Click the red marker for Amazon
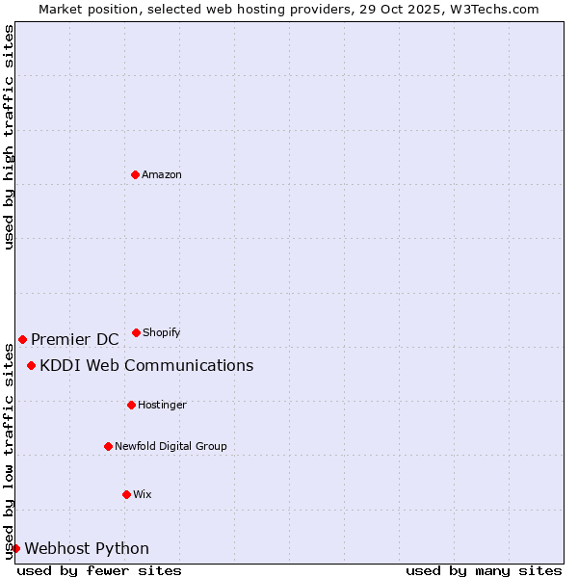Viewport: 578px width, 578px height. click(135, 174)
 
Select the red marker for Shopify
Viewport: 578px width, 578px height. click(136, 332)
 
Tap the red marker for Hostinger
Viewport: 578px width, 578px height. click(131, 405)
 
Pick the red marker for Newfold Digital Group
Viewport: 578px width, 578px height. click(108, 446)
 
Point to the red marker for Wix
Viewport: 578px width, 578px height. click(126, 494)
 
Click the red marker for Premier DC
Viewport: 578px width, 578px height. click(22, 339)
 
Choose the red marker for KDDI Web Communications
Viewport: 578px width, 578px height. click(31, 365)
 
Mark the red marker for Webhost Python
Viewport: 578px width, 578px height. click(15, 548)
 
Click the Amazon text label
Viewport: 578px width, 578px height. click(162, 174)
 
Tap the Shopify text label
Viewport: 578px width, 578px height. click(162, 332)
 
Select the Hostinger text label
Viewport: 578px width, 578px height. click(162, 405)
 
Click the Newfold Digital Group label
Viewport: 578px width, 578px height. click(171, 446)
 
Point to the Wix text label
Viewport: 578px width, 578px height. click(143, 494)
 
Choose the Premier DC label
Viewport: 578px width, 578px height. click(75, 339)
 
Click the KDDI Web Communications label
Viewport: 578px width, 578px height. click(146, 365)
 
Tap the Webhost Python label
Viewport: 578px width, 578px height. click(87, 548)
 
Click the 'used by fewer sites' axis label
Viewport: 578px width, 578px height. click(99, 570)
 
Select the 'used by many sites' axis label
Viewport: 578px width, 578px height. click(484, 570)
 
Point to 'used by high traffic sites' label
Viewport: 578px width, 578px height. click(9, 137)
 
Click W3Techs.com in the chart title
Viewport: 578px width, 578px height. click(492, 9)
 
